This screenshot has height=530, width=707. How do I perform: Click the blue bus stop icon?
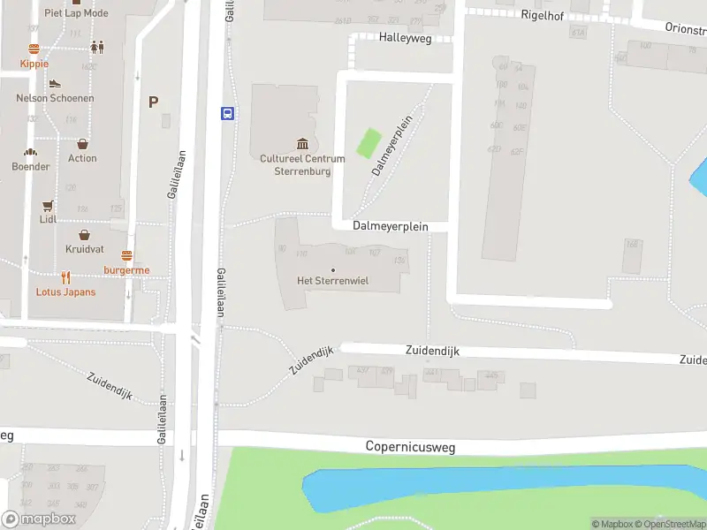coord(227,113)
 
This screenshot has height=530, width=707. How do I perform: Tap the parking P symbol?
coord(153,102)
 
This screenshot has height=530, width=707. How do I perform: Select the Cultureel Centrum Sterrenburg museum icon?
coord(302,144)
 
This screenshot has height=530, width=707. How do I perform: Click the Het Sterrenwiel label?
coord(332,281)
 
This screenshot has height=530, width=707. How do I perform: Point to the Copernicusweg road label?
coord(410,447)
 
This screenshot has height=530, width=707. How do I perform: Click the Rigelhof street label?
coord(543,14)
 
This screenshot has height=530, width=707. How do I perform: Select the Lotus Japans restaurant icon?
coord(65,276)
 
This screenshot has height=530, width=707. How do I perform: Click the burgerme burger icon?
coord(126,255)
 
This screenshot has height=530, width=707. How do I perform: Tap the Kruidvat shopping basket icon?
coord(84,235)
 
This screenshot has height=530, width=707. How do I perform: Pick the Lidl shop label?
coord(48,219)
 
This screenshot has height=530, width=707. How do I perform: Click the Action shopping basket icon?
coord(82,144)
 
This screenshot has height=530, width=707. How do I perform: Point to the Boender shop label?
coord(31,166)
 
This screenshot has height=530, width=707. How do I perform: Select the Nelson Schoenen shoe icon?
coord(55,84)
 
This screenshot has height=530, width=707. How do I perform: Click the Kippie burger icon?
coord(34,49)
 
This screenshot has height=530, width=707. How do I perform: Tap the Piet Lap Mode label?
coord(76,13)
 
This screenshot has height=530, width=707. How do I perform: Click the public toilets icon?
coord(96,48)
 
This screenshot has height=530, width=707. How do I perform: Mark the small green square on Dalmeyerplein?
coord(369,143)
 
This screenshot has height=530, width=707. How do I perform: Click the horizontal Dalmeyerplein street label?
coord(390,226)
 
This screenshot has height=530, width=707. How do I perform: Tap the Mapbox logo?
coord(39,519)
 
